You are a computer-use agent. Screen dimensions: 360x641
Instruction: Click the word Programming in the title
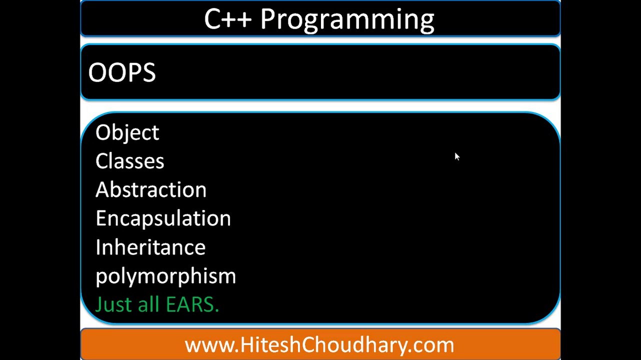pyautogui.click(x=347, y=20)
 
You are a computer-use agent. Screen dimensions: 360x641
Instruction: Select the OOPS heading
pyautogui.click(x=122, y=73)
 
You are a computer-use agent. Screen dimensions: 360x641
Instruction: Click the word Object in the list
pyautogui.click(x=127, y=133)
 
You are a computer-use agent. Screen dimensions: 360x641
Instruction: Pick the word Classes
pyautogui.click(x=129, y=161)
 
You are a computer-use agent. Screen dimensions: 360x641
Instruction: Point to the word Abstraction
pyautogui.click(x=150, y=190)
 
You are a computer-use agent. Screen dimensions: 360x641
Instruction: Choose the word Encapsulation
pyautogui.click(x=163, y=218)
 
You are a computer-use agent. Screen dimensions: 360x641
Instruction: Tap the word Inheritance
pyautogui.click(x=150, y=247)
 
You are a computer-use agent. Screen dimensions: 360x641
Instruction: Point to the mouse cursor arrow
pyautogui.click(x=456, y=156)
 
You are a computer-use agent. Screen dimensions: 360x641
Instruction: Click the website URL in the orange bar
pyautogui.click(x=319, y=345)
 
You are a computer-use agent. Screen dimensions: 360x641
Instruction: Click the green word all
pyautogui.click(x=148, y=304)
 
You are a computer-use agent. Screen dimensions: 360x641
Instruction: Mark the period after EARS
pyautogui.click(x=216, y=310)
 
